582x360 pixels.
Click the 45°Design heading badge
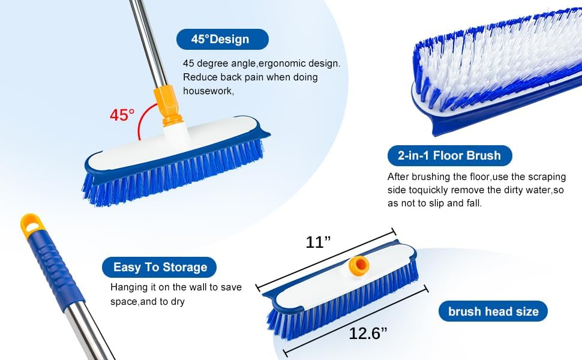(223, 40)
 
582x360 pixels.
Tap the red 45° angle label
(122, 115)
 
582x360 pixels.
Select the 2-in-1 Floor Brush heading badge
(449, 155)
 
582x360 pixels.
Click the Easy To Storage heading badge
(159, 267)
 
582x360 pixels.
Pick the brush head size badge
(493, 311)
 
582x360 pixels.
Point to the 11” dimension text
(318, 242)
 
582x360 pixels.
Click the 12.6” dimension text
(368, 333)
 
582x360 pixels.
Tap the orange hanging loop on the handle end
(31, 224)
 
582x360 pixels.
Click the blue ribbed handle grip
(56, 266)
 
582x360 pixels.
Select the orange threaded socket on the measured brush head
(359, 266)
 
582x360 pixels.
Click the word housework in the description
(208, 91)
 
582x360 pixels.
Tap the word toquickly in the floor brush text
(435, 190)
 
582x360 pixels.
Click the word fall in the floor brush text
(473, 203)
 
